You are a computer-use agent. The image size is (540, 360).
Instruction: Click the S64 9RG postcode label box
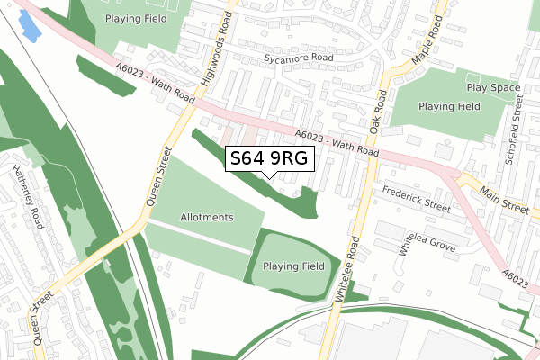[269, 158]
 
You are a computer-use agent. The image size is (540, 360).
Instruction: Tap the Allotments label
[207, 218]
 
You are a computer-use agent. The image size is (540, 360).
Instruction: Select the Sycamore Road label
[299, 58]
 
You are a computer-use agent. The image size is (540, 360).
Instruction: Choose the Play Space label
[493, 88]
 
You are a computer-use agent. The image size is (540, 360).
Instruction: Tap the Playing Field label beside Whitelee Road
[293, 266]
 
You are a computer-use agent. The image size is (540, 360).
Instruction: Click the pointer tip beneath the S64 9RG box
[270, 176]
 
